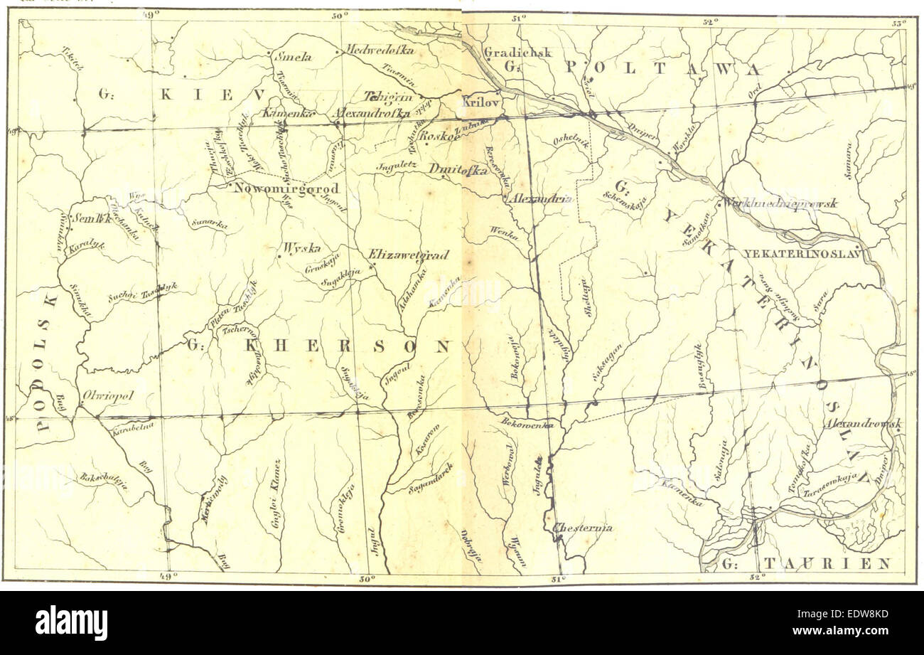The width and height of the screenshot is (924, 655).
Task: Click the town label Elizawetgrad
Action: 408,255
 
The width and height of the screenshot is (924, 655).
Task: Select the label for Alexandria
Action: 541,200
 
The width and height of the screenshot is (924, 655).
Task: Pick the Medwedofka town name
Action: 379,50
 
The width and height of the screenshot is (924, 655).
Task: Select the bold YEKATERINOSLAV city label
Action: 802,253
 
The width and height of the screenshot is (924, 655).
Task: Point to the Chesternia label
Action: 582,528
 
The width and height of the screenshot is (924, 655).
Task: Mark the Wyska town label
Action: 301,248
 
